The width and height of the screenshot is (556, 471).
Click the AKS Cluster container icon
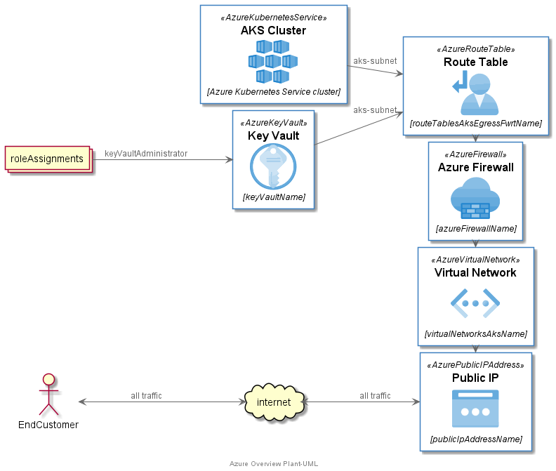coord(273,61)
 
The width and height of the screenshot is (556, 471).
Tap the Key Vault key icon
coord(273,166)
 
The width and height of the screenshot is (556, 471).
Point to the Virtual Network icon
coord(475,303)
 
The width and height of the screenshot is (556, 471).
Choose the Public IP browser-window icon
coord(475,409)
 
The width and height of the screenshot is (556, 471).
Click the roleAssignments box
coord(47,159)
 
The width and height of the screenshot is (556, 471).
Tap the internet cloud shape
coord(274,402)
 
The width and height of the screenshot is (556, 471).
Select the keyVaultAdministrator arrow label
coord(146,154)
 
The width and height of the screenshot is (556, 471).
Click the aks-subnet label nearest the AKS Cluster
coord(375,61)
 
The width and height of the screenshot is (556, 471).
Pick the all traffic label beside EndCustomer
coord(146,396)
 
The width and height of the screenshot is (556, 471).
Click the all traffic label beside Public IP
coord(375,396)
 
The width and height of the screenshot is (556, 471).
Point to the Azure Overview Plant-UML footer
coord(273,464)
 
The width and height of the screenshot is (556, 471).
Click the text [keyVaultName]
coord(273,197)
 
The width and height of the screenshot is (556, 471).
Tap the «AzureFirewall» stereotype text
coord(475,154)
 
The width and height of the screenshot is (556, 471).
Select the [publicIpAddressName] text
coord(475,439)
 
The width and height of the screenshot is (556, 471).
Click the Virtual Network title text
coord(475,273)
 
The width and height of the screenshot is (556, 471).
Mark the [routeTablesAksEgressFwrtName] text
coord(475,124)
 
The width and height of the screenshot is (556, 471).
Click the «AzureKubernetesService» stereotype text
coord(273,18)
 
